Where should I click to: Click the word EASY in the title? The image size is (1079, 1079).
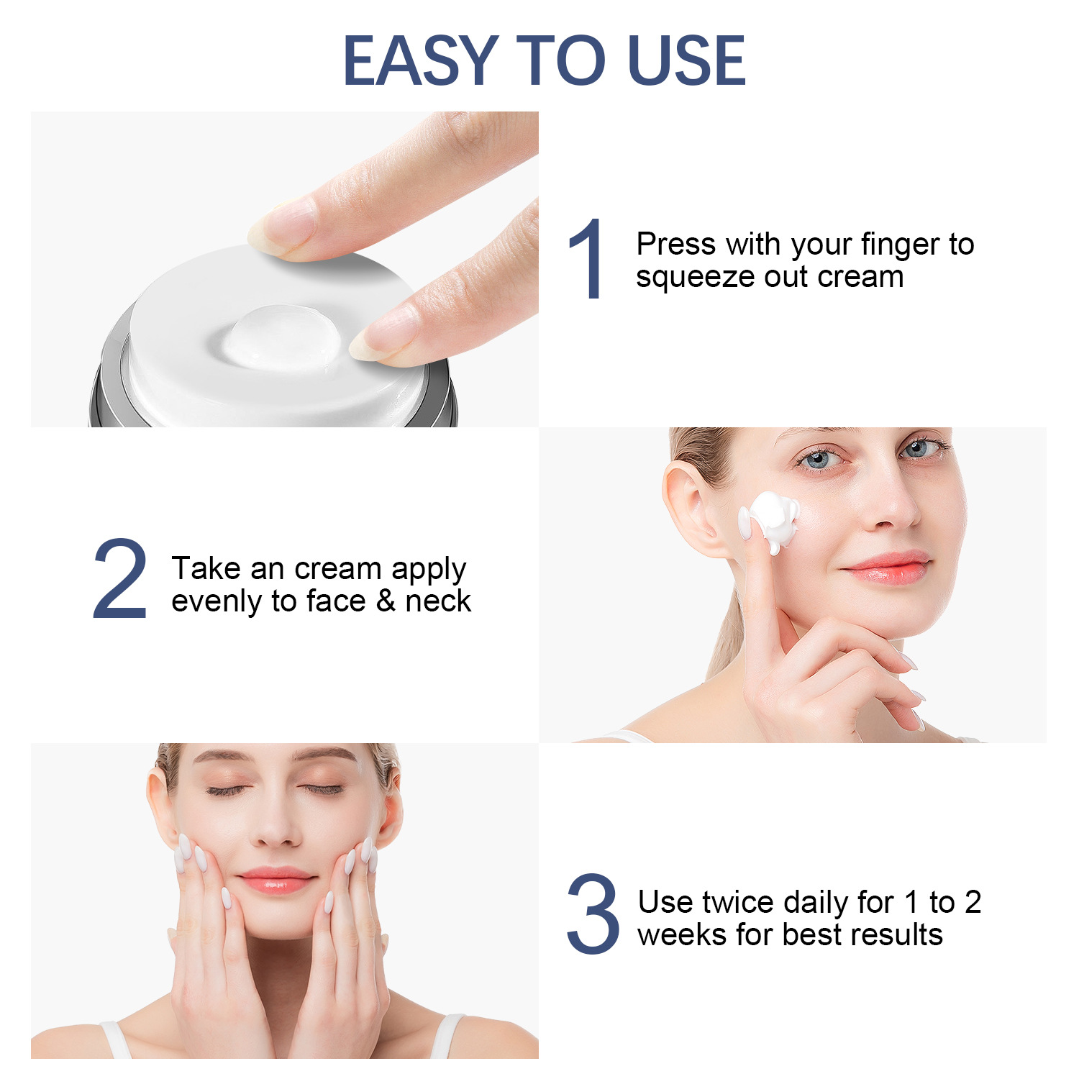tap(422, 60)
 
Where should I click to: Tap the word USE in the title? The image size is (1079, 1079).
tap(687, 60)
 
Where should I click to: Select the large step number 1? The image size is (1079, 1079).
tap(586, 258)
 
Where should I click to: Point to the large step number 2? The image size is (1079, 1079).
tap(120, 578)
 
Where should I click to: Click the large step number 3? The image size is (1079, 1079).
tap(593, 914)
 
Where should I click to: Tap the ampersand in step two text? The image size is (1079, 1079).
tap(386, 601)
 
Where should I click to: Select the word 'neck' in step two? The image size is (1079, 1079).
tap(438, 601)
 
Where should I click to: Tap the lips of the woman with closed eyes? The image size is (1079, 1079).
tap(276, 880)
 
